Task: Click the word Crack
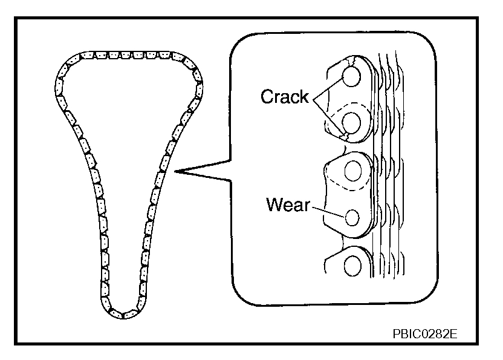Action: [x=284, y=97]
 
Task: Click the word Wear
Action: [x=287, y=205]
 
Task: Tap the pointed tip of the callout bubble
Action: [x=176, y=173]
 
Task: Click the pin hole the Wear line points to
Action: [x=351, y=215]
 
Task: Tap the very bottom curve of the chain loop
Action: [x=124, y=315]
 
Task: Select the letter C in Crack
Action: [x=267, y=97]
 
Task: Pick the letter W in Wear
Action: [x=274, y=205]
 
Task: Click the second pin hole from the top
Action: [x=351, y=123]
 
